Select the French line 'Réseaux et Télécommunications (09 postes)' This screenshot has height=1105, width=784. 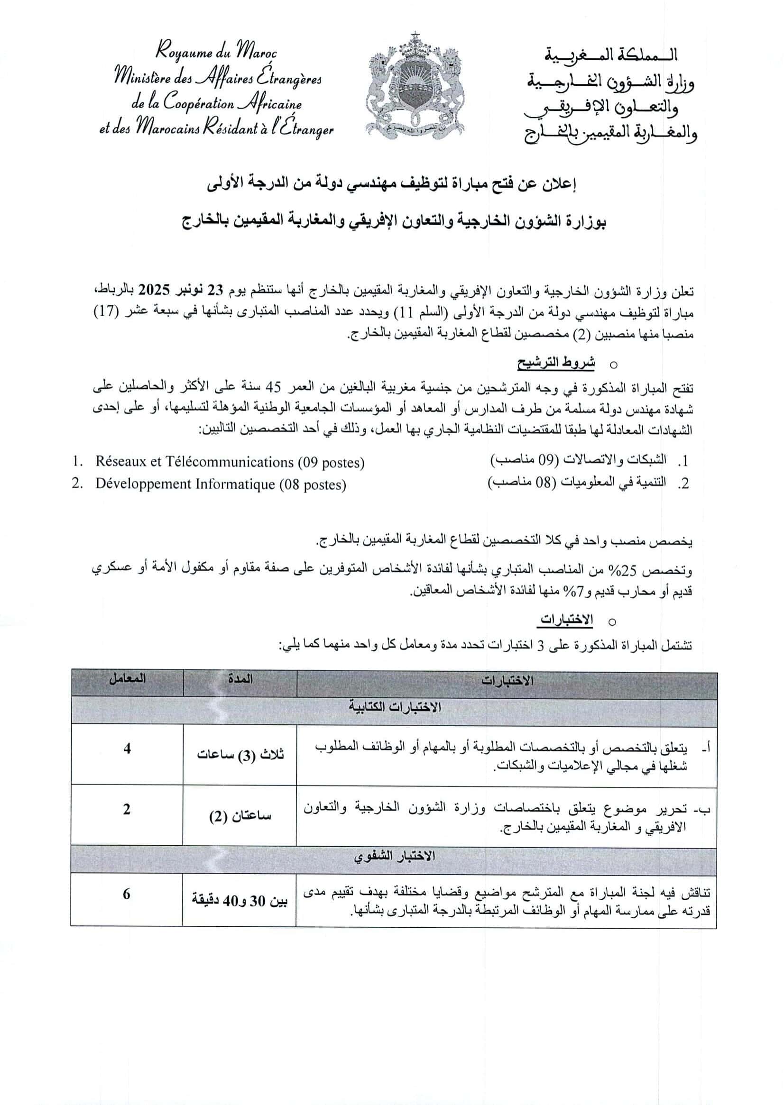coord(230,462)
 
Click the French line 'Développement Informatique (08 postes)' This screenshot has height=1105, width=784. coord(221,484)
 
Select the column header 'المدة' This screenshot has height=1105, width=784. coord(240,679)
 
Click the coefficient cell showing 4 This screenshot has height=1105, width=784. coord(127,749)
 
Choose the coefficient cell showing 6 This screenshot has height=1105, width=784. coord(127,894)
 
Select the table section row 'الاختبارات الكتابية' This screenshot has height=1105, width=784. coord(395,707)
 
